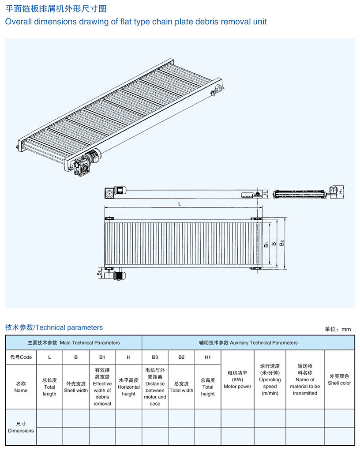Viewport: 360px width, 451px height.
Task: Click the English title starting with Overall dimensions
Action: tap(136, 21)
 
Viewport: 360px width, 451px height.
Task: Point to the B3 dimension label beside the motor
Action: tap(99, 274)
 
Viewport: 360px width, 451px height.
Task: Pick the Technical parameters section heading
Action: tap(54, 327)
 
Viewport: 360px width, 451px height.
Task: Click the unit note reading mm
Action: tap(337, 329)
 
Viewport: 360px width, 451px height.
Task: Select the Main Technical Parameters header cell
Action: tap(74, 342)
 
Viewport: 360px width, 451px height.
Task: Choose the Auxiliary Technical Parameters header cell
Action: tap(248, 342)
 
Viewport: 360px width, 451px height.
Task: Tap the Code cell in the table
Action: tap(21, 357)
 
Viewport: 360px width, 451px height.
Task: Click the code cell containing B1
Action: tap(102, 357)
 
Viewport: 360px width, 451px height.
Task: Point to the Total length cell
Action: tap(49, 387)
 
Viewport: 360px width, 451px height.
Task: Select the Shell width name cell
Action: tap(76, 387)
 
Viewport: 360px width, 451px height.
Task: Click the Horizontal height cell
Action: tap(128, 387)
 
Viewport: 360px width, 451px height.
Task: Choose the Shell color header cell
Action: tap(339, 380)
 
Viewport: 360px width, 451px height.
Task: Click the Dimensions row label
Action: tap(21, 427)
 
